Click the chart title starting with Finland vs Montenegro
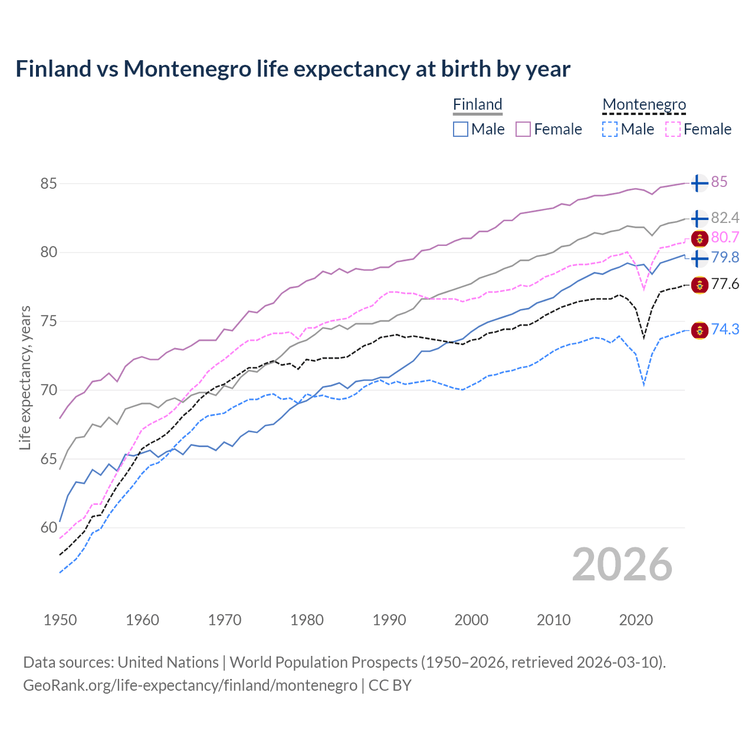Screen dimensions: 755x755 tap(293, 69)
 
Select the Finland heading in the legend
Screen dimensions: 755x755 tap(477, 104)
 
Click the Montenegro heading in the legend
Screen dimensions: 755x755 tap(644, 104)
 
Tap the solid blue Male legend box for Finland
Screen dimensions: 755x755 tap(461, 129)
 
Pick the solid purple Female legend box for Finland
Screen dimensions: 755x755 tap(523, 129)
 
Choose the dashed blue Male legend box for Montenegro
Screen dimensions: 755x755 tap(610, 129)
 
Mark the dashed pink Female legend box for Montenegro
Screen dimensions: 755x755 tap(672, 129)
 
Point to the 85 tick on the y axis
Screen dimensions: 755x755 tap(48, 183)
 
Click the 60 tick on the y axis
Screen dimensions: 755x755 tap(48, 527)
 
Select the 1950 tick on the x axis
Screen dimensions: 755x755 tap(60, 620)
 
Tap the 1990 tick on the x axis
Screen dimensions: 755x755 tap(389, 620)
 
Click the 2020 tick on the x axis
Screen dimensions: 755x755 tap(636, 620)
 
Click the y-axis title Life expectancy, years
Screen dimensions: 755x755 tap(25, 377)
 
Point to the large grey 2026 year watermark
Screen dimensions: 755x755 tap(622, 564)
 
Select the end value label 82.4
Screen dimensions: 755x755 tap(725, 218)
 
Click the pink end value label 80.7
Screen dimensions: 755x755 tap(725, 237)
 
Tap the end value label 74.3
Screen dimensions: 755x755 tap(725, 329)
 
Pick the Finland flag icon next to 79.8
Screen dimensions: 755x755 tap(699, 258)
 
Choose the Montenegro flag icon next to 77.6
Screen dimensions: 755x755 tap(699, 285)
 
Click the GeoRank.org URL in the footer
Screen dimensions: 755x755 tap(190, 685)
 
